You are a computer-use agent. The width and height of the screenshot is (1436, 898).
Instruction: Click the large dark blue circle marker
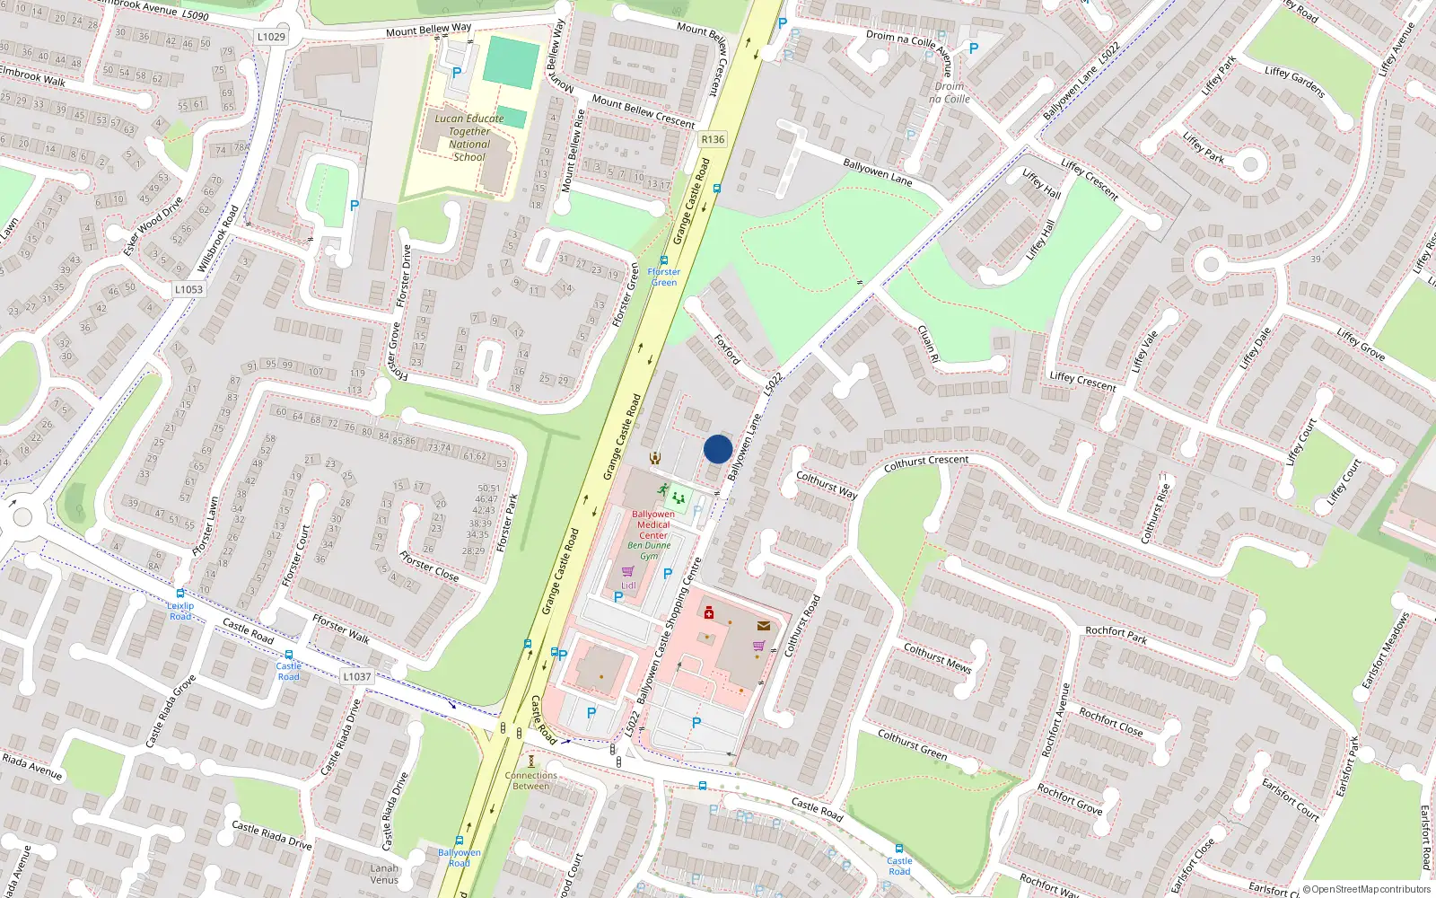[718, 449]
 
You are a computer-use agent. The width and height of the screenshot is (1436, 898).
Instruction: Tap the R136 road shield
[713, 139]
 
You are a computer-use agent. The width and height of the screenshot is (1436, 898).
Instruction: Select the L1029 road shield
[270, 37]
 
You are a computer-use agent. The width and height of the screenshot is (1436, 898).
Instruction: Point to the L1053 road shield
[188, 289]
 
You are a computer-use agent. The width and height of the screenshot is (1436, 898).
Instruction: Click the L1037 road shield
[356, 676]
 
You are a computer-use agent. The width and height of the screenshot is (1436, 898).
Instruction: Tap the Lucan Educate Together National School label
[469, 137]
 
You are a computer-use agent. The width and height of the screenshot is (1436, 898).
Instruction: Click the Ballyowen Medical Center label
[653, 524]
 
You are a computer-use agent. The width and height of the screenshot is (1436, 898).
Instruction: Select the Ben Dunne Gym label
[649, 550]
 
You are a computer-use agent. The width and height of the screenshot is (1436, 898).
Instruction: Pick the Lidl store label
[628, 585]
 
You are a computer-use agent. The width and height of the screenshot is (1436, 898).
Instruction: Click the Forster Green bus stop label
[664, 277]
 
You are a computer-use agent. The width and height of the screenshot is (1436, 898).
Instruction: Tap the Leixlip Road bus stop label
[180, 611]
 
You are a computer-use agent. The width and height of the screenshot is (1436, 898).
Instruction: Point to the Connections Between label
[530, 780]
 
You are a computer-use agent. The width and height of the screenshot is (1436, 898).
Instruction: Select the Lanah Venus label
[384, 874]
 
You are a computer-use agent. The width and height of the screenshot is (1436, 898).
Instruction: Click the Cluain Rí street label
[928, 344]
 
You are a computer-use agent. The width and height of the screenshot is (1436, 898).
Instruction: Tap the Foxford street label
[727, 349]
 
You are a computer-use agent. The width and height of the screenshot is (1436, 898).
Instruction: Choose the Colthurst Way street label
[827, 485]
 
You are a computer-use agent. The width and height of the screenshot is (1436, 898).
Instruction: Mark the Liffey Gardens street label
[1294, 82]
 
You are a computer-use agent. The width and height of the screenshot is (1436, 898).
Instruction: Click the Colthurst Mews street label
[937, 657]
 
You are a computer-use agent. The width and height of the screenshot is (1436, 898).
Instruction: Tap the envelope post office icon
[764, 626]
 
